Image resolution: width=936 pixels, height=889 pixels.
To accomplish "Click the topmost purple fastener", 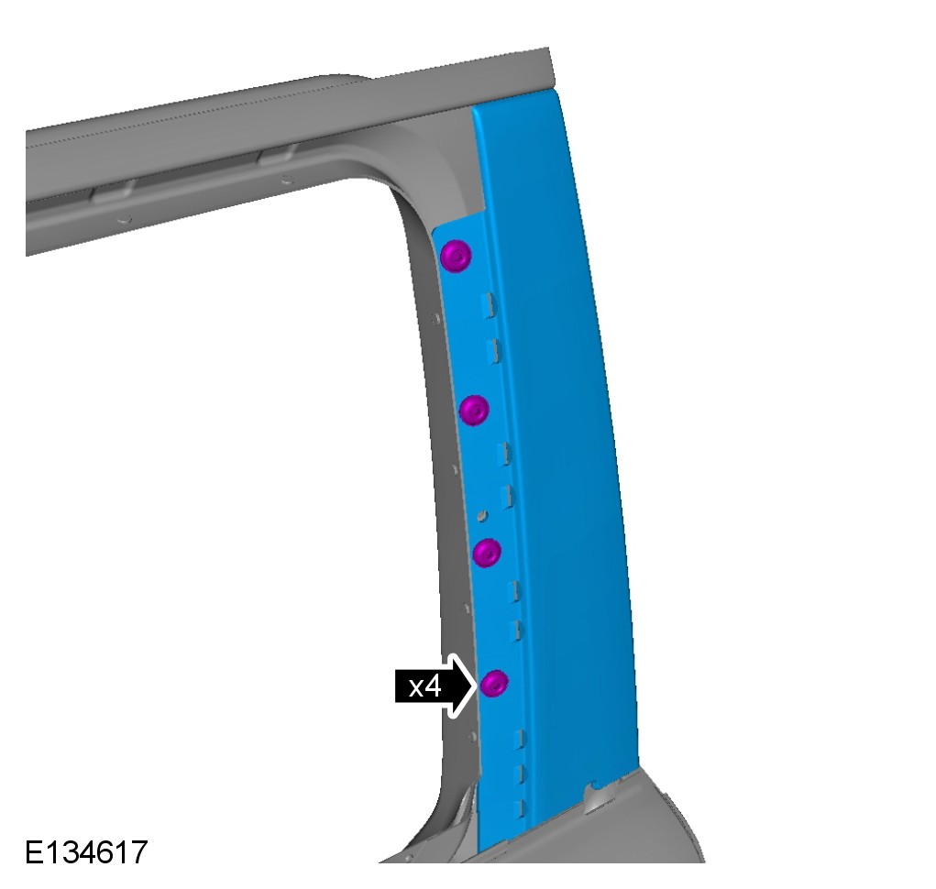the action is click(456, 257).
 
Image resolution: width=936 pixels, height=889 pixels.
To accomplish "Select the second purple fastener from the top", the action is click(475, 410).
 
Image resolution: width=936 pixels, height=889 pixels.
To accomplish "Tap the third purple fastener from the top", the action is click(487, 553).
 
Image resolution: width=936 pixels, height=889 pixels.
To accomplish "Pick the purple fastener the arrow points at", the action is click(495, 683).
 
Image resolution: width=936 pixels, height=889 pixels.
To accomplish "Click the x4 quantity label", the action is click(425, 686).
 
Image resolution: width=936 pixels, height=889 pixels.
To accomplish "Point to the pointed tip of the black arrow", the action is click(478, 686).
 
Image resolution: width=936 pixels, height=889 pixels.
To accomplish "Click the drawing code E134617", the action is click(86, 852).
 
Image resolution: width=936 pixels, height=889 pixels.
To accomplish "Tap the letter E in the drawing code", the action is click(33, 852).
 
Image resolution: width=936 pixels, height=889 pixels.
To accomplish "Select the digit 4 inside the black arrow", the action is click(433, 686).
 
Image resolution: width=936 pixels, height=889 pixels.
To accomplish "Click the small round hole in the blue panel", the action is click(482, 514).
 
